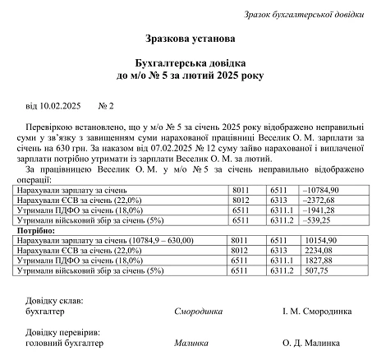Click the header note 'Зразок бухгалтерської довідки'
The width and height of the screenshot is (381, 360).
(x=305, y=14)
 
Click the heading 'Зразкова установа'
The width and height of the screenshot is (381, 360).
(x=190, y=39)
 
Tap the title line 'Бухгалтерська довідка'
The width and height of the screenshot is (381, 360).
(x=190, y=63)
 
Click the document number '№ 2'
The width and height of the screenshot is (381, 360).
(x=106, y=107)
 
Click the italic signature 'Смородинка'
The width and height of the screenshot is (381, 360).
(x=199, y=312)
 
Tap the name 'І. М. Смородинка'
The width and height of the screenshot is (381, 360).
(x=317, y=312)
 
